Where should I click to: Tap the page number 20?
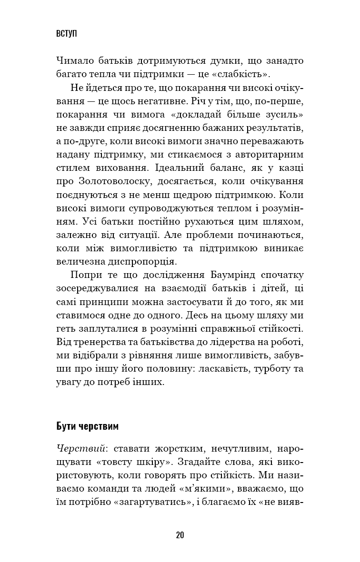180,534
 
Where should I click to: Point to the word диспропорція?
141,262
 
